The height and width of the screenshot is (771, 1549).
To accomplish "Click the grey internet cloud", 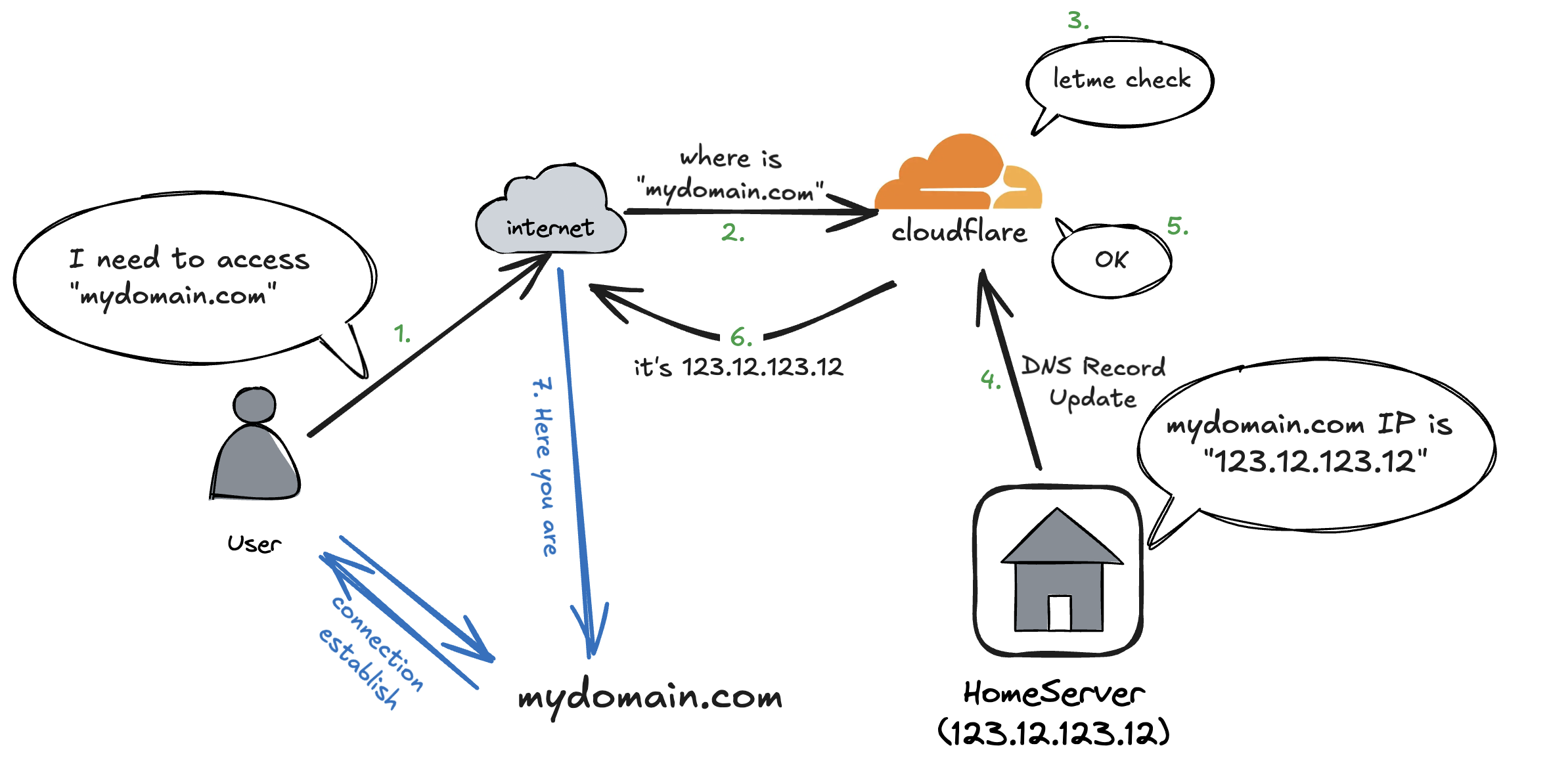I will tap(550, 210).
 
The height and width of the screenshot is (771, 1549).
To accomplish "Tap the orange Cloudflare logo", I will tap(958, 174).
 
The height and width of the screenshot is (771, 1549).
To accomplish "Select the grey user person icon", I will tap(255, 447).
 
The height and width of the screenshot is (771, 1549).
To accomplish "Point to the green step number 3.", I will tap(1077, 20).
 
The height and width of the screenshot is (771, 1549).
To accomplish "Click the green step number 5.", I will tap(1177, 227).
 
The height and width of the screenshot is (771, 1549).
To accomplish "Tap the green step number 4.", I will tap(990, 379).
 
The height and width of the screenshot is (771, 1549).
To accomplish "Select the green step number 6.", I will tap(740, 338).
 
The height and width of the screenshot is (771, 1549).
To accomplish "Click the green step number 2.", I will tap(732, 232).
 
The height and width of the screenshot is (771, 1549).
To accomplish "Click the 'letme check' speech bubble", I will tap(1121, 82).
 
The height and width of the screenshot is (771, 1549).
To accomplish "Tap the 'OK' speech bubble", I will tap(1111, 260).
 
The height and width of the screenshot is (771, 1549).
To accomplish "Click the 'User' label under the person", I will tap(254, 544).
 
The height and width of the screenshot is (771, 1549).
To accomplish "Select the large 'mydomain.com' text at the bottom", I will tap(650, 697).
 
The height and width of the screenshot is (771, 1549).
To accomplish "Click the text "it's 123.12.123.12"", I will tap(738, 367).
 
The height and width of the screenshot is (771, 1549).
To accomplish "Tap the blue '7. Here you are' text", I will tap(544, 466).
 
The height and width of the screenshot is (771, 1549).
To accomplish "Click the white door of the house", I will tap(1059, 613).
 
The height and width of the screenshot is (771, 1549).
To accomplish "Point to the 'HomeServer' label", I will tap(1054, 694).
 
